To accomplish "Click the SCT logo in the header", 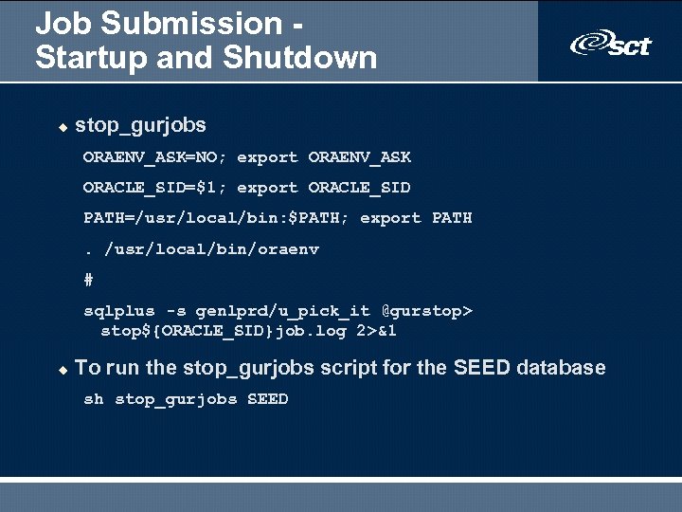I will [x=611, y=43].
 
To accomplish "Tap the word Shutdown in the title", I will [x=300, y=58].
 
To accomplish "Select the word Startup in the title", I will [x=81, y=58].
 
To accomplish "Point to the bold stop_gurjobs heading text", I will [x=140, y=125].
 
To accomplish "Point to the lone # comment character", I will [x=88, y=280].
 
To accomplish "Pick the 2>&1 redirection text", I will [x=376, y=331].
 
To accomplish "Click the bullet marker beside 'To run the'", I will [x=63, y=369].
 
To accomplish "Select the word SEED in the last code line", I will [x=267, y=399].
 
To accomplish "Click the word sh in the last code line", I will [x=93, y=399].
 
